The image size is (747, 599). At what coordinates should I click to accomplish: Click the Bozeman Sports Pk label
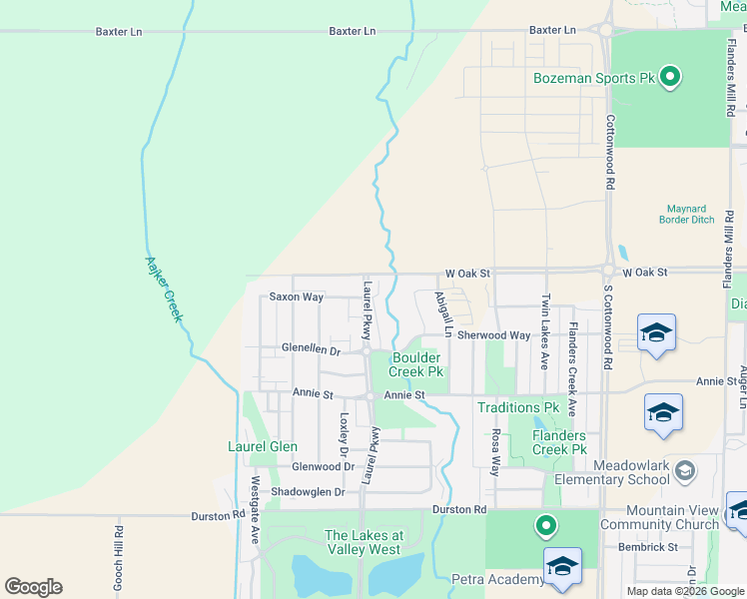coord(593,77)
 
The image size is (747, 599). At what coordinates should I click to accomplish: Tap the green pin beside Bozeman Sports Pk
coord(671,76)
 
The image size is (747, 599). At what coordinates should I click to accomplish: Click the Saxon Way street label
coord(297,298)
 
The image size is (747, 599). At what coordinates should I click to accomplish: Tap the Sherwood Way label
coord(493,336)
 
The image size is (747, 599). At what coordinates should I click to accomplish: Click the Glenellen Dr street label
coord(311,350)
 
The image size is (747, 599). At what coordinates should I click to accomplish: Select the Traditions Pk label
coord(517,407)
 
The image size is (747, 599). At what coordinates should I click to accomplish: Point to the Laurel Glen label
coord(263,446)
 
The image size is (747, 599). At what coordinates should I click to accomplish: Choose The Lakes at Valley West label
coord(364,542)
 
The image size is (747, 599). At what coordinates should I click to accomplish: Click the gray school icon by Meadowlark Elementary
coord(684,468)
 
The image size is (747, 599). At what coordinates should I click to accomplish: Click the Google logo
coord(33,587)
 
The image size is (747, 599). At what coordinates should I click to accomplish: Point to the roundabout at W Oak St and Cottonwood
coord(608,270)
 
